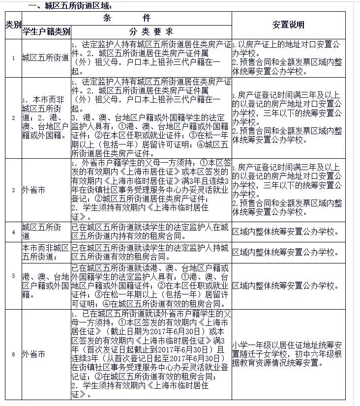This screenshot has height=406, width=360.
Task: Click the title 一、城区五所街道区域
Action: pyautogui.click(x=63, y=6)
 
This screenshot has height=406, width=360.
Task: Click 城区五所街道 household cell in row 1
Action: pyautogui.click(x=45, y=58)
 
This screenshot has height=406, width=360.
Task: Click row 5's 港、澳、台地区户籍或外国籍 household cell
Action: pyautogui.click(x=45, y=286)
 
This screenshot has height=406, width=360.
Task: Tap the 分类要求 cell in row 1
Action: pyautogui.click(x=151, y=58)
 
